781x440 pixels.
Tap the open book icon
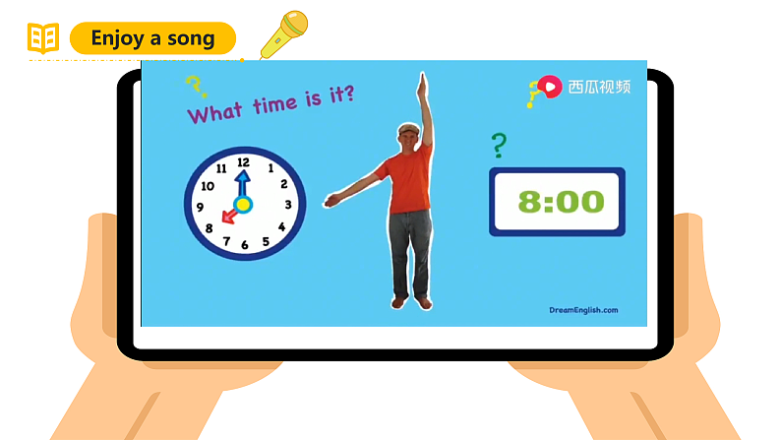click(x=43, y=39)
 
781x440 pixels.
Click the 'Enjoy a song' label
click(x=152, y=38)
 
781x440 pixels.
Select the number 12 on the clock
click(x=243, y=162)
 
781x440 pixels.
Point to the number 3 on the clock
click(x=287, y=205)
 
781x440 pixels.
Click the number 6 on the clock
click(x=245, y=245)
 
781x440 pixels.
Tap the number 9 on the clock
click(x=201, y=207)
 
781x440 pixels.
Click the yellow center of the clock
click(x=243, y=205)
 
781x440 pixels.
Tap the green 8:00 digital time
click(x=561, y=202)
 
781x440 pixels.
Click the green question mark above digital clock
click(x=499, y=146)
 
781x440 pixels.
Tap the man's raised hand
click(x=423, y=81)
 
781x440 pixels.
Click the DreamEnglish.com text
click(x=582, y=310)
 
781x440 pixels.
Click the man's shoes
click(x=411, y=302)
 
